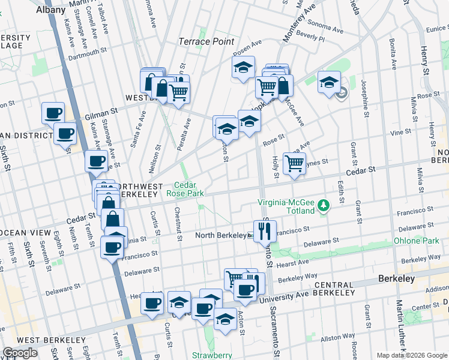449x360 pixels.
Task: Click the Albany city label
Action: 50,10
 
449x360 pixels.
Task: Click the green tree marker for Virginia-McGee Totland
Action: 325,205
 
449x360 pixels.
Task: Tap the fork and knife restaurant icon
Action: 265,229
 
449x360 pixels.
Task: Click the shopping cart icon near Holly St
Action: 294,163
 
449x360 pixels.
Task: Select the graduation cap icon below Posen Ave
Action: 243,68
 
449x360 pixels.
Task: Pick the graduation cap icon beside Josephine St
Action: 329,82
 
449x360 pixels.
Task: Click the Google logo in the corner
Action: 20,353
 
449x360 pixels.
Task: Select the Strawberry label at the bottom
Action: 212,355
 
